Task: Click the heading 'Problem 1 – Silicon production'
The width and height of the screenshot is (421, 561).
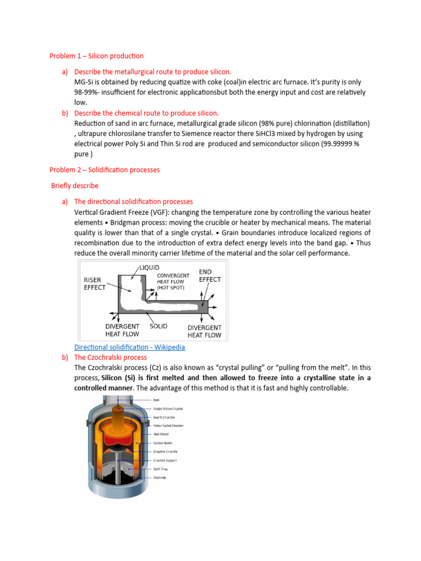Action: coord(96,56)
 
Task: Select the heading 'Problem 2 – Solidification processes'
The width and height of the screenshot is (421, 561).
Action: coord(105,170)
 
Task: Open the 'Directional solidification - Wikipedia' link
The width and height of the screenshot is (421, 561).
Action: coord(129,347)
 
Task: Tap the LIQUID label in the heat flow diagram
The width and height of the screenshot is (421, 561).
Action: coord(149,267)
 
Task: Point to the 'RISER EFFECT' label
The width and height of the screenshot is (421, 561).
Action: coord(95,283)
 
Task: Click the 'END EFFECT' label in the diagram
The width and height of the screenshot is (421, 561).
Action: coord(209,276)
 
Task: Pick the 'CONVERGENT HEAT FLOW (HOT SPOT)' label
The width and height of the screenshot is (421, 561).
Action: coord(173,281)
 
